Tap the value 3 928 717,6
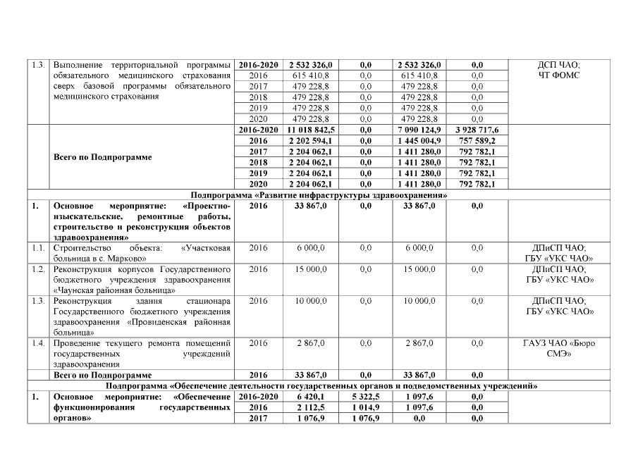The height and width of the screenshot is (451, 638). point(477,130)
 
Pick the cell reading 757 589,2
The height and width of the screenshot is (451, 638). point(477,141)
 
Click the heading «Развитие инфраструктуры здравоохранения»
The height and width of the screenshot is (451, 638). point(319,194)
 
